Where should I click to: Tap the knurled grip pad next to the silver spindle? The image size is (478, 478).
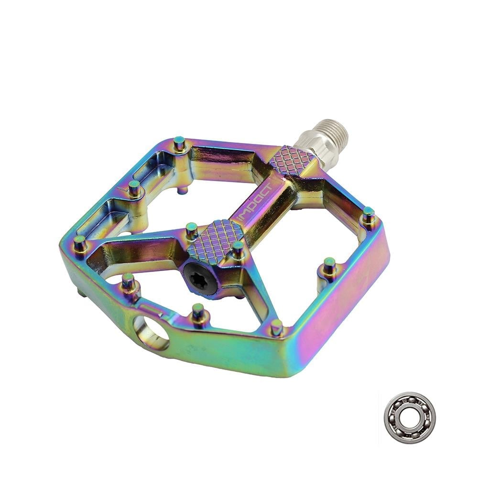[292, 158]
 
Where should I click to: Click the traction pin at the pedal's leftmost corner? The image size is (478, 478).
[80, 243]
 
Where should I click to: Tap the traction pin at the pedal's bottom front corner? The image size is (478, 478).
[276, 327]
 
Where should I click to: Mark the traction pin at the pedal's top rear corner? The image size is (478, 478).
[180, 144]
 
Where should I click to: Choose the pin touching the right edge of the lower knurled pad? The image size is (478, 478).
[238, 249]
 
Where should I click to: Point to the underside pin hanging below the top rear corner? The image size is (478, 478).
[183, 190]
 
